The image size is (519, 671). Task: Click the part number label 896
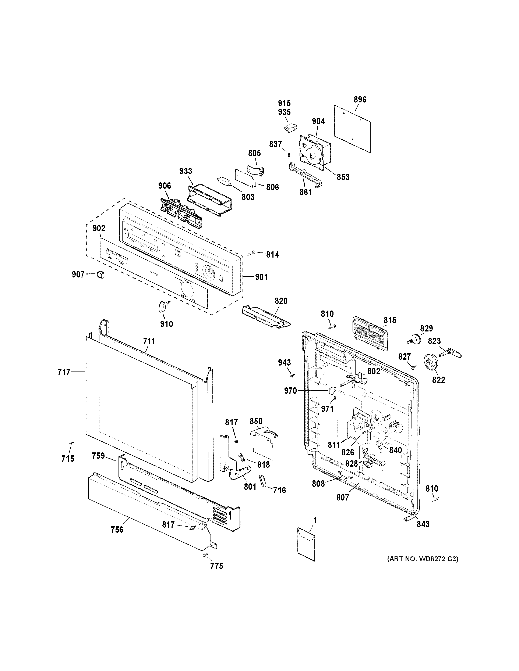[x=360, y=100]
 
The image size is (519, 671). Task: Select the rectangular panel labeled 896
[x=352, y=129]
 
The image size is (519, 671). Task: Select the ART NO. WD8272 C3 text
[x=423, y=559]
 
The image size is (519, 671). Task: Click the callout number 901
[x=261, y=277]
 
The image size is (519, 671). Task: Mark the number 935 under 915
[x=284, y=112]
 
